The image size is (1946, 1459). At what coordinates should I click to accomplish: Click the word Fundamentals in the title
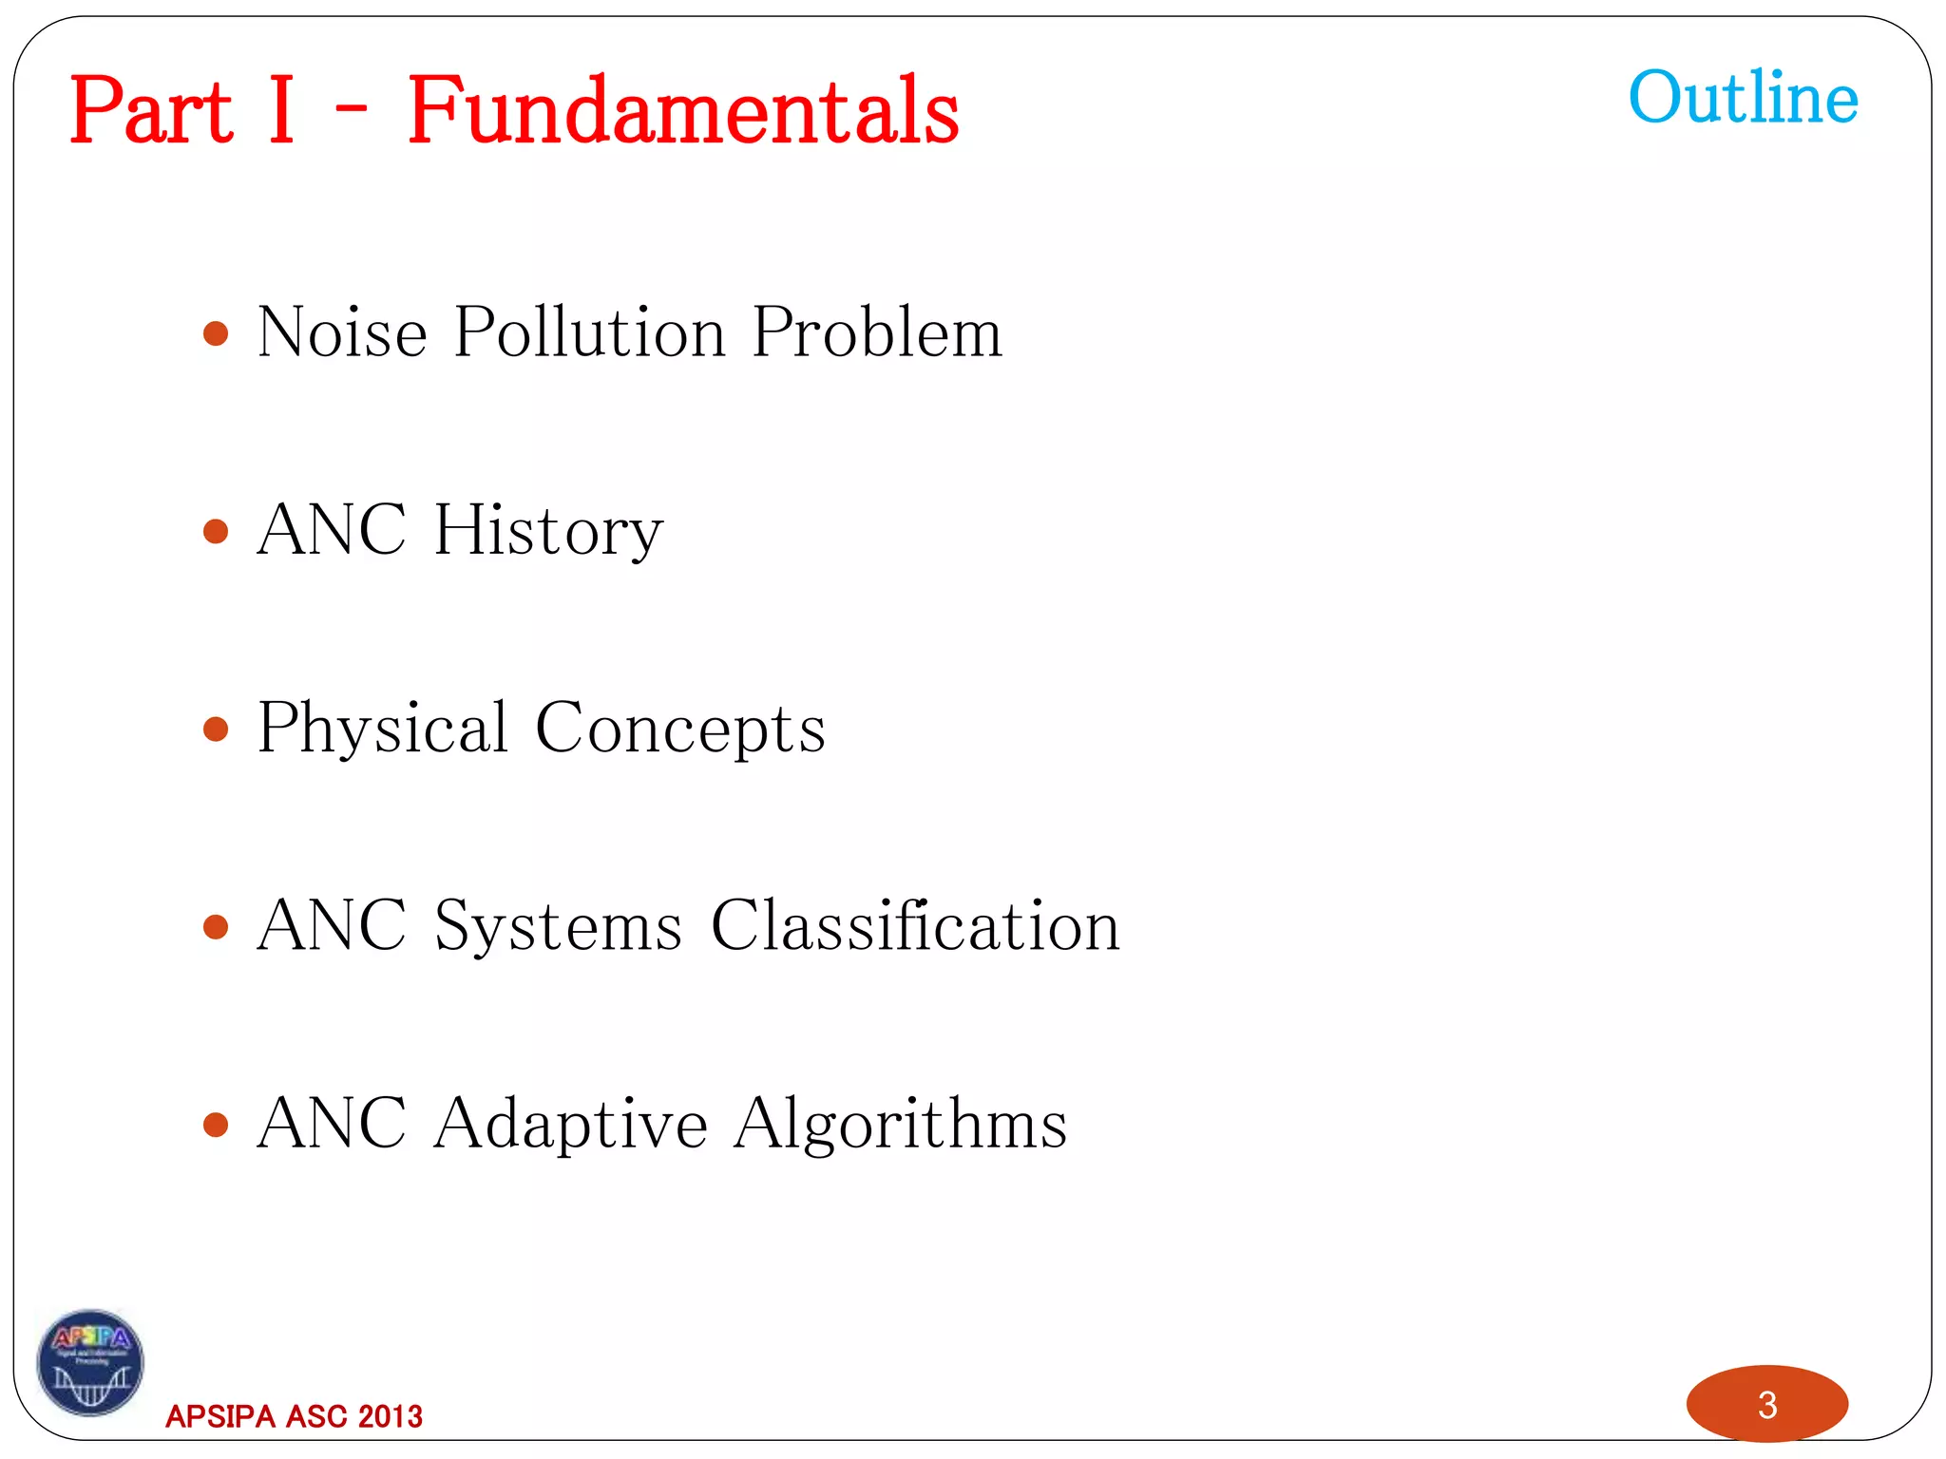point(683,112)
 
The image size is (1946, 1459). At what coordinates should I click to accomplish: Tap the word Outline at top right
point(1743,98)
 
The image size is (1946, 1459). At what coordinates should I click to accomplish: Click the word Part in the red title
point(151,112)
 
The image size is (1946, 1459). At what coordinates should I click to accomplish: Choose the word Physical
point(383,729)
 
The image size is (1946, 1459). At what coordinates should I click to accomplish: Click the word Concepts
point(680,729)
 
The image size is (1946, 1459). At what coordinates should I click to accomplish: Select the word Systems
point(559,926)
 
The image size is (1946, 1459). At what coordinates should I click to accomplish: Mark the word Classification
point(915,926)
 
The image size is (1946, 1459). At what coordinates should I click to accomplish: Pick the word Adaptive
point(570,1124)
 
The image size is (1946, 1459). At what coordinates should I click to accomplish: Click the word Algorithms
point(901,1124)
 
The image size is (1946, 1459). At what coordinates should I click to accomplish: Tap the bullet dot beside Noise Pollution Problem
point(217,333)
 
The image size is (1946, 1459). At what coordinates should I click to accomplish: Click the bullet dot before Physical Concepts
point(217,729)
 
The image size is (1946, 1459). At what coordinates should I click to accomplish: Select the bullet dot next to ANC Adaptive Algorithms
point(217,1126)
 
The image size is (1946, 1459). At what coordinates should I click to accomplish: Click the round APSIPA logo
point(90,1362)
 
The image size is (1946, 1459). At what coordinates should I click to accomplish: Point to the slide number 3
point(1767,1405)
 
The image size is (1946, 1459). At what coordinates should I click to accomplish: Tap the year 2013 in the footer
point(391,1416)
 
